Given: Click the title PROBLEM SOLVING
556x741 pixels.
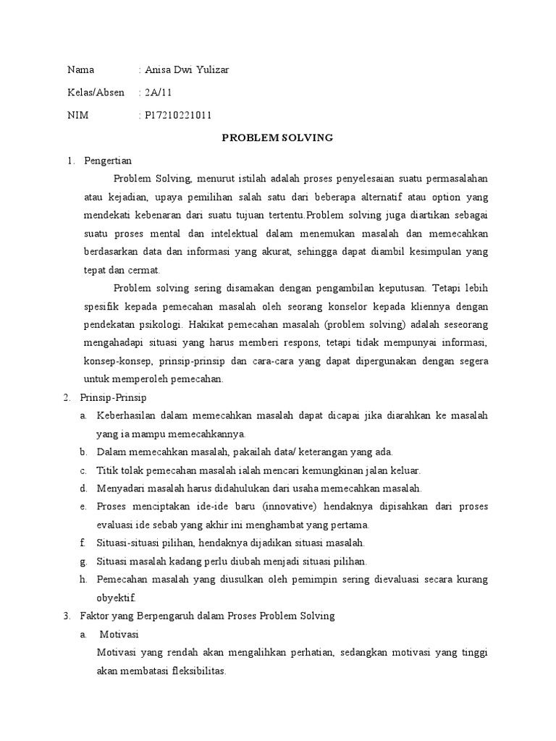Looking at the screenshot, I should [x=277, y=138].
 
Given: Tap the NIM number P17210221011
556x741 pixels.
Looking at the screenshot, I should [x=178, y=115].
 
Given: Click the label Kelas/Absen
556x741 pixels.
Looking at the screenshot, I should [x=96, y=93].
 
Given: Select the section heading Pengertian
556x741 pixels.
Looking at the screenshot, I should [x=108, y=161].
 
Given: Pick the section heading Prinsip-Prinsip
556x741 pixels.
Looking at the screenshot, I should [x=115, y=397].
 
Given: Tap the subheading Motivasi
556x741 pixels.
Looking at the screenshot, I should [x=119, y=634].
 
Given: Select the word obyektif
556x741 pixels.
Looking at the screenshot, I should [x=116, y=598].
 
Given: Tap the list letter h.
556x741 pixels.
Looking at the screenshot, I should [x=84, y=580].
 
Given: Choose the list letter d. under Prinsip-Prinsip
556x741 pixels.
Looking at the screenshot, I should [x=84, y=488].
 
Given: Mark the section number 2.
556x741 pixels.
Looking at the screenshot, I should [x=67, y=397].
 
